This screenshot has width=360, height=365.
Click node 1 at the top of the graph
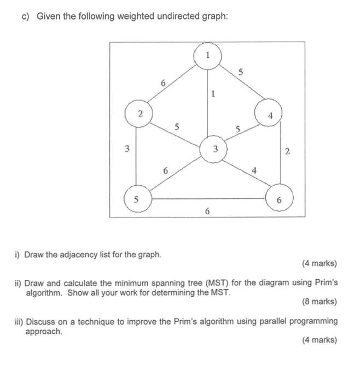pos(207,56)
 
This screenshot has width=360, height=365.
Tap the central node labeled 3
pos(215,148)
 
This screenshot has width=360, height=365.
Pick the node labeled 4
pos(269,115)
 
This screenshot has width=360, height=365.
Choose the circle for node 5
pos(136,199)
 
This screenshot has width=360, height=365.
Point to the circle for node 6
pos(280,199)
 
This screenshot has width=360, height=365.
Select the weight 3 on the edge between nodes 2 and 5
pos(126,148)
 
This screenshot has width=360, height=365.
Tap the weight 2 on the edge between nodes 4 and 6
pos(287,151)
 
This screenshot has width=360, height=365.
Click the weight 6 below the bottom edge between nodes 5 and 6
pos(207,210)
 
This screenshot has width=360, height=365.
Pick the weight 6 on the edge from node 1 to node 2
pos(162,83)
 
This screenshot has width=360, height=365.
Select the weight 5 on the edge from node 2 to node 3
pos(176,126)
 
